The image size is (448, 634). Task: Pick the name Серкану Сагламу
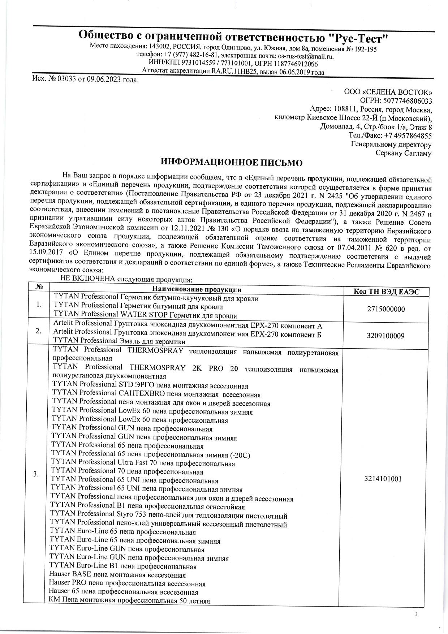(404, 153)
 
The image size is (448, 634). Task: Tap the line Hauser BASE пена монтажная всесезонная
(117, 575)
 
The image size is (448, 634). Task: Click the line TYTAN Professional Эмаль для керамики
(119, 341)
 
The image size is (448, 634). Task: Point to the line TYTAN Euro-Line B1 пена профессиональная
(123, 566)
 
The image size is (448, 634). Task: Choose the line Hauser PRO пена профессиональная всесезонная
(127, 584)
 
